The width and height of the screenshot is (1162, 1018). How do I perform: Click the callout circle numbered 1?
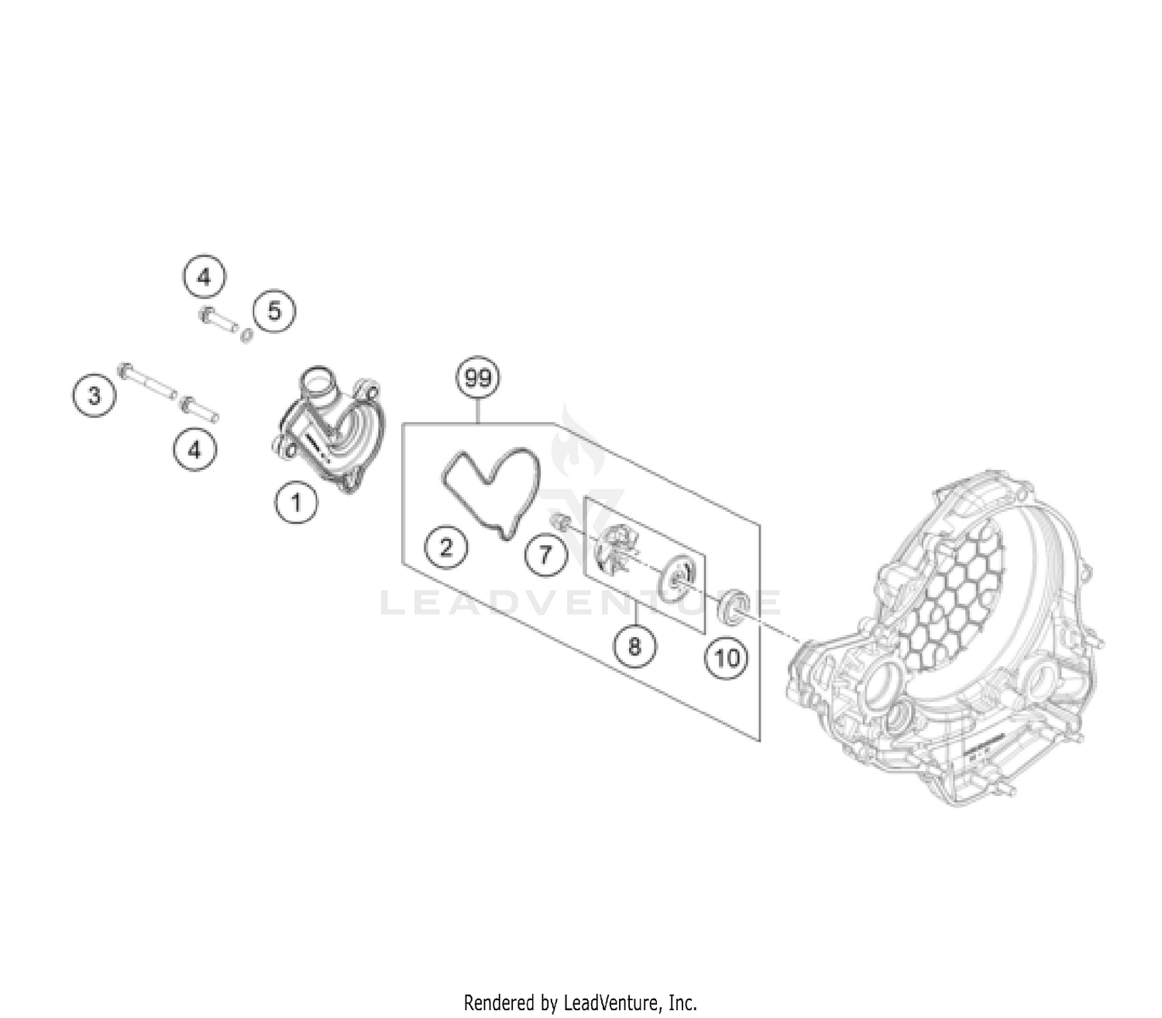(295, 503)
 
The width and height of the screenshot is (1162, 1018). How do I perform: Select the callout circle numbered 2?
(445, 548)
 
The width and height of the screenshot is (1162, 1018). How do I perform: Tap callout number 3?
(94, 396)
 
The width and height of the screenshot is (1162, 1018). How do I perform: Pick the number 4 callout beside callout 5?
(204, 276)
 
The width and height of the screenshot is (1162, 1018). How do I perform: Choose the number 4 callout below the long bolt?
(194, 449)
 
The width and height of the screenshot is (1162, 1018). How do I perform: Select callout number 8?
(634, 645)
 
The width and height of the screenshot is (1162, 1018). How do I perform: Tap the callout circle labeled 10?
(726, 659)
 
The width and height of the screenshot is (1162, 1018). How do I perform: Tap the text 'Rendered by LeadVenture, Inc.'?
(580, 1003)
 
